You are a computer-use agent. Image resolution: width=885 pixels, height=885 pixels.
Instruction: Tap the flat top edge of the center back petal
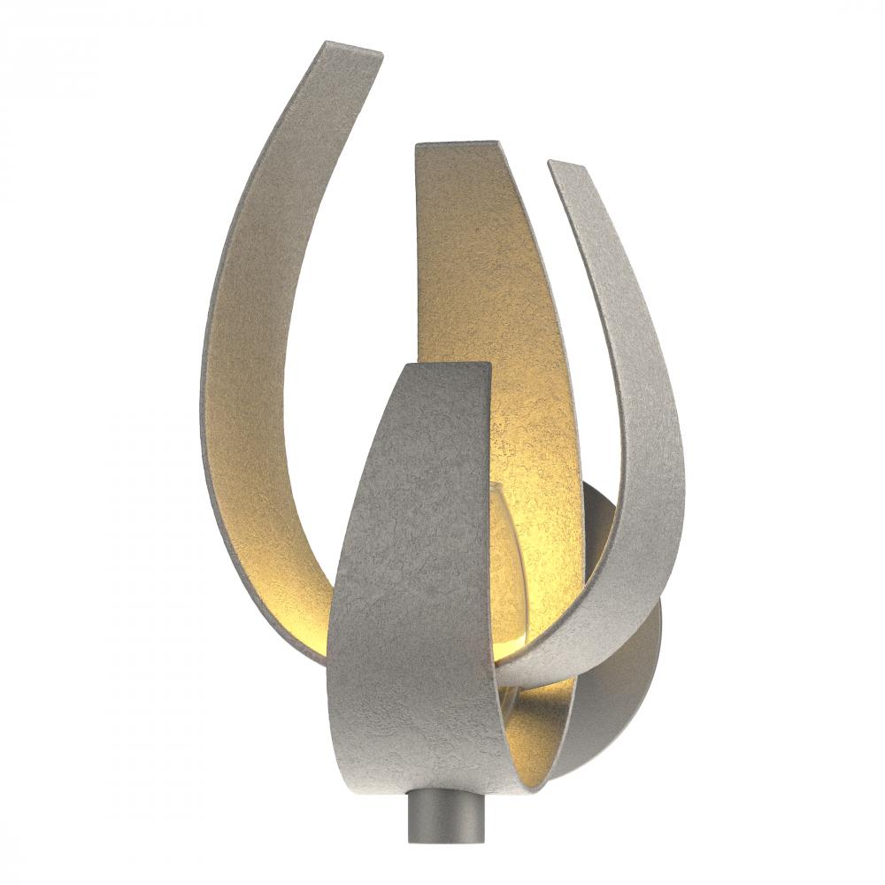pos(457,143)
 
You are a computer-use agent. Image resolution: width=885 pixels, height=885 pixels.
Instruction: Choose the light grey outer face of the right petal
pos(637,398)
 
